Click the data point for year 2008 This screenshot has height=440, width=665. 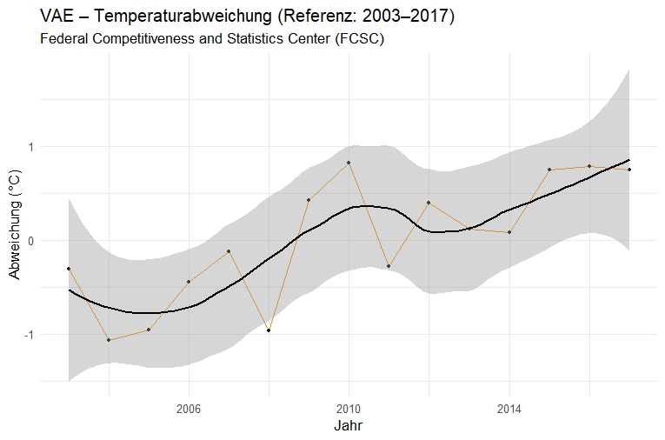(269, 330)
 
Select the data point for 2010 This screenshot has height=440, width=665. (349, 163)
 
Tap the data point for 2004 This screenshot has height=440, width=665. (109, 340)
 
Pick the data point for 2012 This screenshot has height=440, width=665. (429, 203)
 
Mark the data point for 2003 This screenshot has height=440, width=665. (69, 269)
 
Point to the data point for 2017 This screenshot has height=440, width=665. (629, 170)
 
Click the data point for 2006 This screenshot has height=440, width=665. (189, 282)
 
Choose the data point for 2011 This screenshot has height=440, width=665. (389, 266)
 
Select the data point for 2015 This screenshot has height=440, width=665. (549, 170)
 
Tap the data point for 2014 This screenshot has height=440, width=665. (509, 232)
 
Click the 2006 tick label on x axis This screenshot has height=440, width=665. (189, 407)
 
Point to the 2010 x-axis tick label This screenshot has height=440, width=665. (349, 407)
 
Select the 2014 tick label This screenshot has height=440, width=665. (509, 407)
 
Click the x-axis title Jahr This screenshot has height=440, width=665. (349, 427)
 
